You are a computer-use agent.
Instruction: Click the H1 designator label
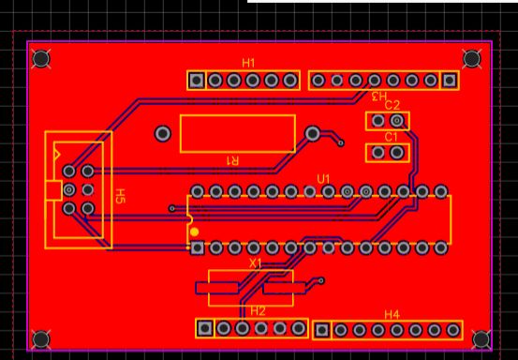[x=248, y=63]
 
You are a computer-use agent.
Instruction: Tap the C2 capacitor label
[x=392, y=105]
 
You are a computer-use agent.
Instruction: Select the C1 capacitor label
[x=392, y=137]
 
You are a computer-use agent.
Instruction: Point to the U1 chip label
[x=323, y=179]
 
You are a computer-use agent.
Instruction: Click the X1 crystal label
[x=256, y=263]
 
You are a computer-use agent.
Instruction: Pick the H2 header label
[x=258, y=311]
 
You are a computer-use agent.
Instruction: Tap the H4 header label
[x=392, y=315]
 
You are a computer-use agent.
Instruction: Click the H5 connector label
[x=120, y=196]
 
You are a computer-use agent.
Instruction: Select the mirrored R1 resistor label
[x=232, y=160]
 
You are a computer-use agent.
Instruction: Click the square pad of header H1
[x=197, y=81]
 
